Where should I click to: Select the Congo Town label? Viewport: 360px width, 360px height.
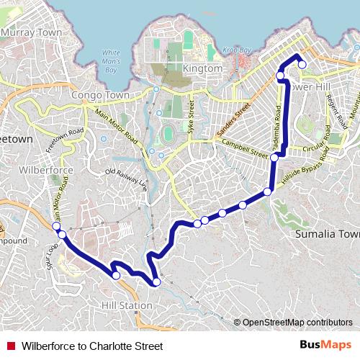[x=100, y=95]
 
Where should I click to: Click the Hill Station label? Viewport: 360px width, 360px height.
[x=127, y=305]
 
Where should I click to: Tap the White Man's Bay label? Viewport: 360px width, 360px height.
[x=111, y=61]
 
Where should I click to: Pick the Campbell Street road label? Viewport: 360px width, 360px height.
[x=245, y=149]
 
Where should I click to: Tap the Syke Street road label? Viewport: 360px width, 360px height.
[x=192, y=112]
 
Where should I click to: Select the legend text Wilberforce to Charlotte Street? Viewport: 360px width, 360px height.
[x=93, y=346]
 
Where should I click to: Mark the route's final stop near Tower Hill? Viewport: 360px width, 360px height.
[x=302, y=65]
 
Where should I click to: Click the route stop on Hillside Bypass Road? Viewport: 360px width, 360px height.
[x=267, y=192]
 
